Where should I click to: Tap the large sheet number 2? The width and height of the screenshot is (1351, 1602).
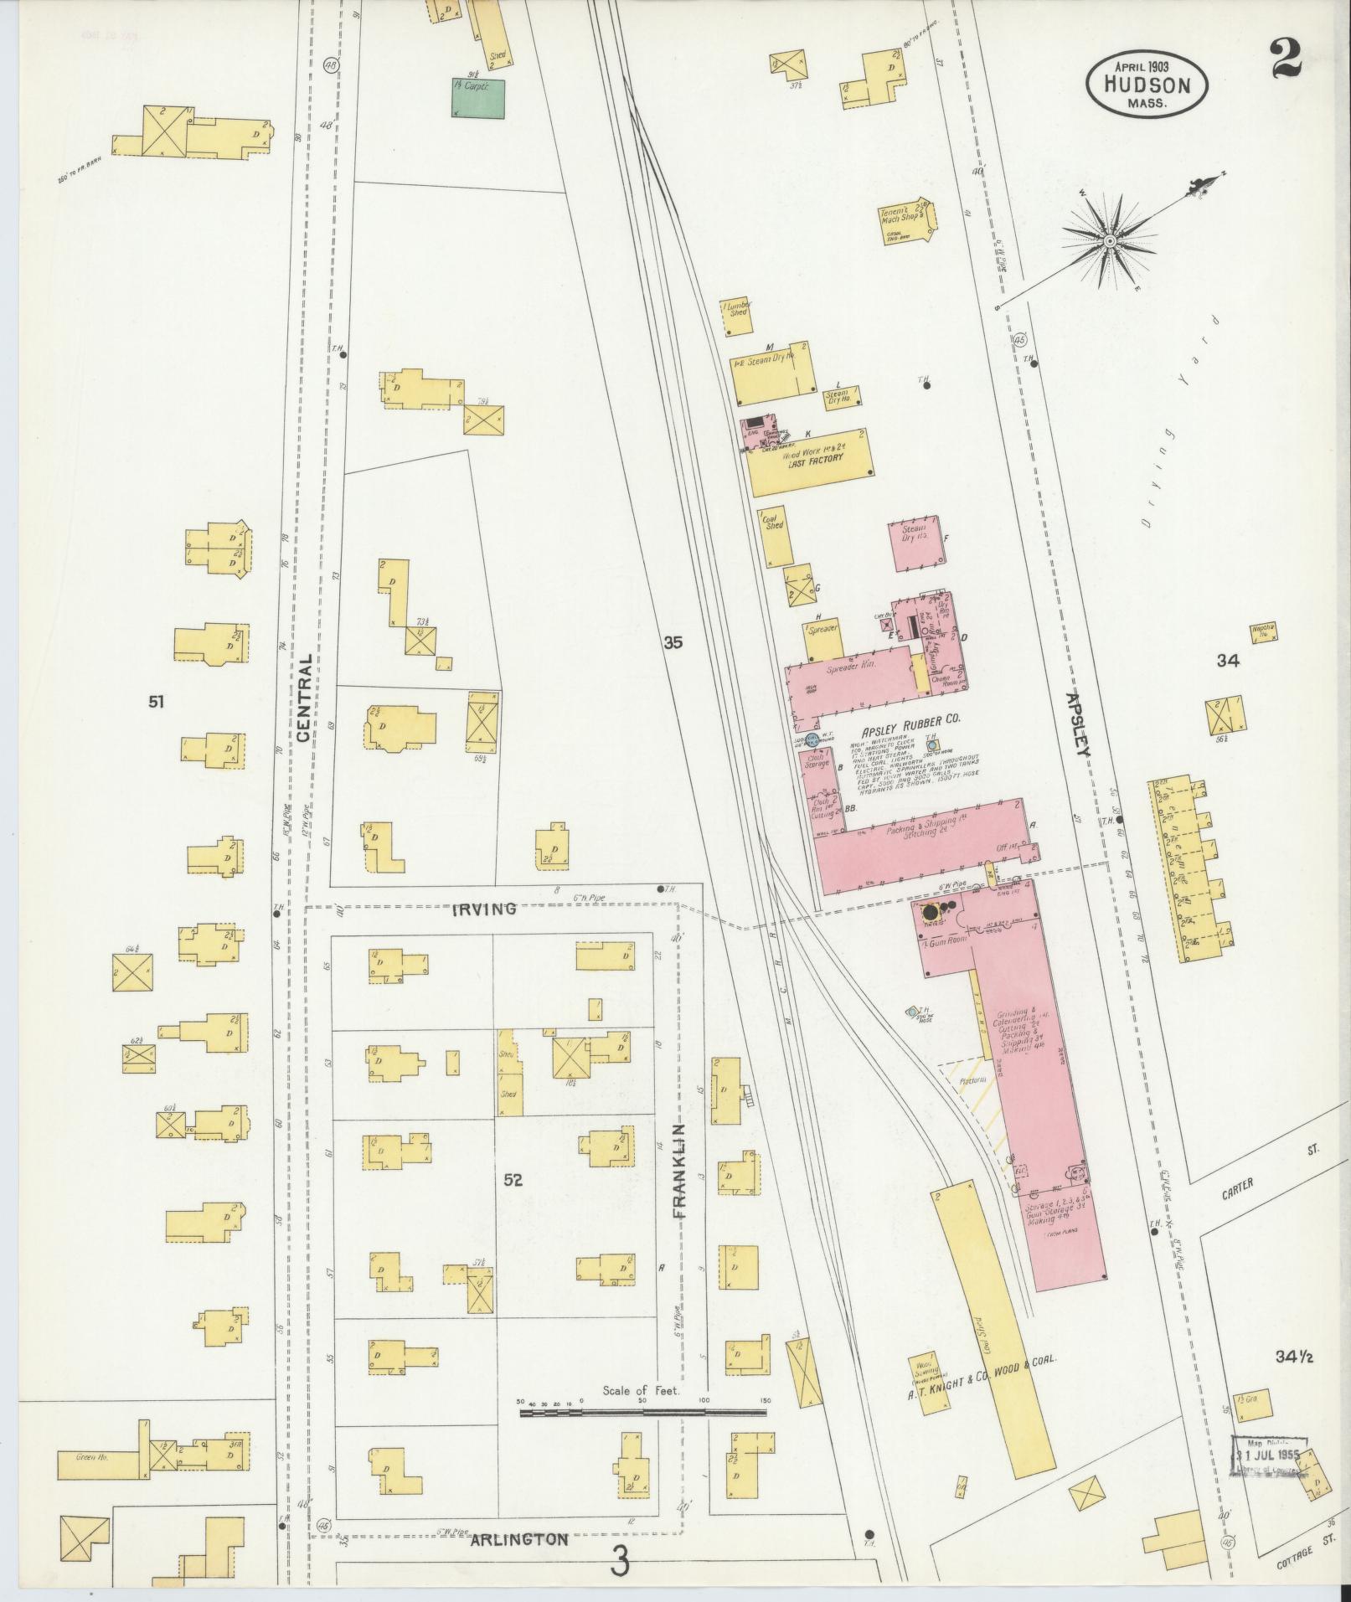1285,59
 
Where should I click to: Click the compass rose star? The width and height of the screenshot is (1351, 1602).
1109,241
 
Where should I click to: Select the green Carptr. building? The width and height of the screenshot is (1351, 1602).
478,97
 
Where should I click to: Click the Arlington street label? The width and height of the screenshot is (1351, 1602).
508,1540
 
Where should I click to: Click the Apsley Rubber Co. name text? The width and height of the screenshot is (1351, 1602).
905,719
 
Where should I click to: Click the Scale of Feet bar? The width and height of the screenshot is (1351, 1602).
642,1412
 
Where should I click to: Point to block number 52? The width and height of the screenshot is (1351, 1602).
513,1180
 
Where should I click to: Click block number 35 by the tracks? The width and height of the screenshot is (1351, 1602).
673,643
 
